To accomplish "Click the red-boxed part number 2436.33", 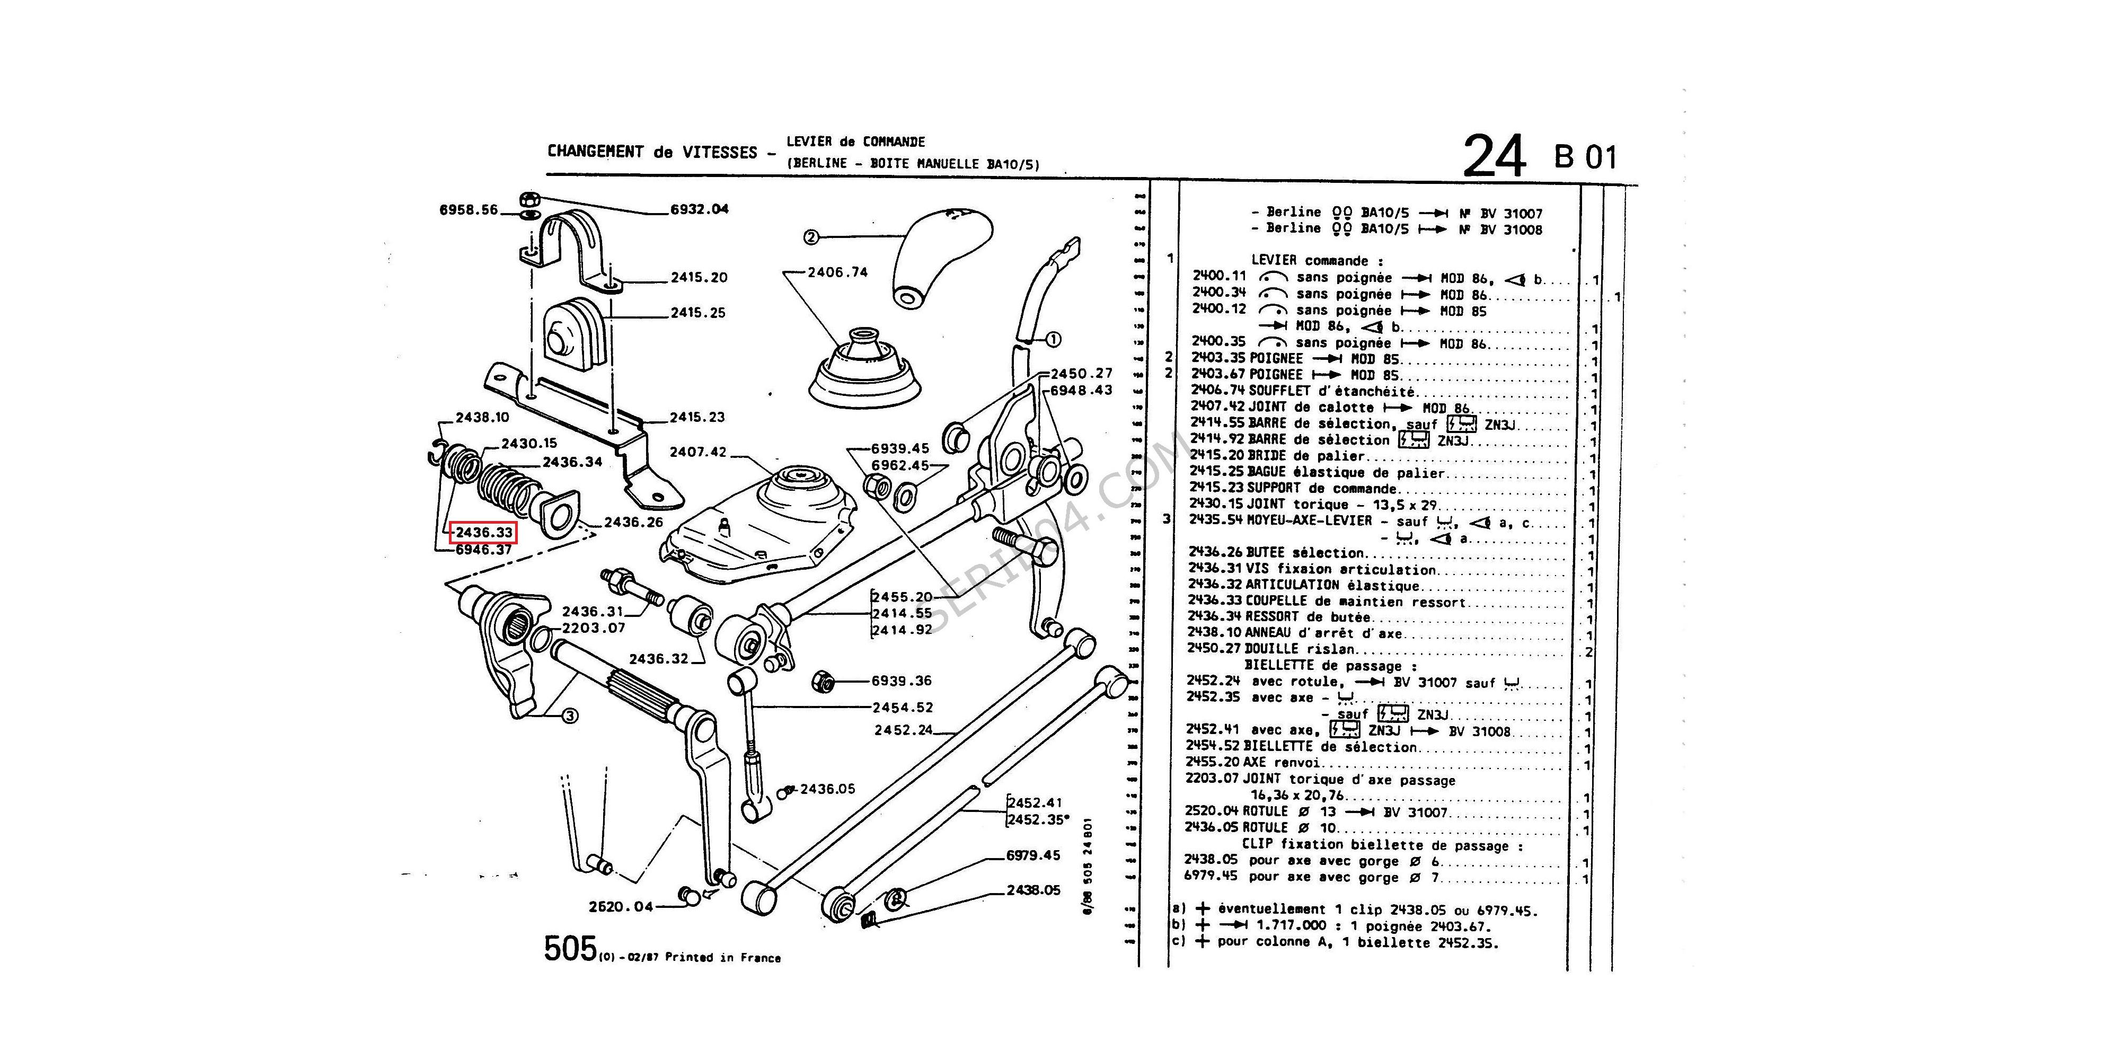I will click(x=485, y=533).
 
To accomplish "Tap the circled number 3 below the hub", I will click(x=570, y=716).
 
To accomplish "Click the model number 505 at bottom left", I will click(x=570, y=949).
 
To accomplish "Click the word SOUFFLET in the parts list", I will click(x=1283, y=392).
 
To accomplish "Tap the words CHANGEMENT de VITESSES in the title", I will click(x=652, y=152).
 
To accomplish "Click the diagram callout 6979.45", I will click(x=1033, y=855).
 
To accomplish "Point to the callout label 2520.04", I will click(x=621, y=906).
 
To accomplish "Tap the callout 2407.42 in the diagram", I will click(x=698, y=452).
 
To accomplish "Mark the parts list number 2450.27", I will click(x=1214, y=649).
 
